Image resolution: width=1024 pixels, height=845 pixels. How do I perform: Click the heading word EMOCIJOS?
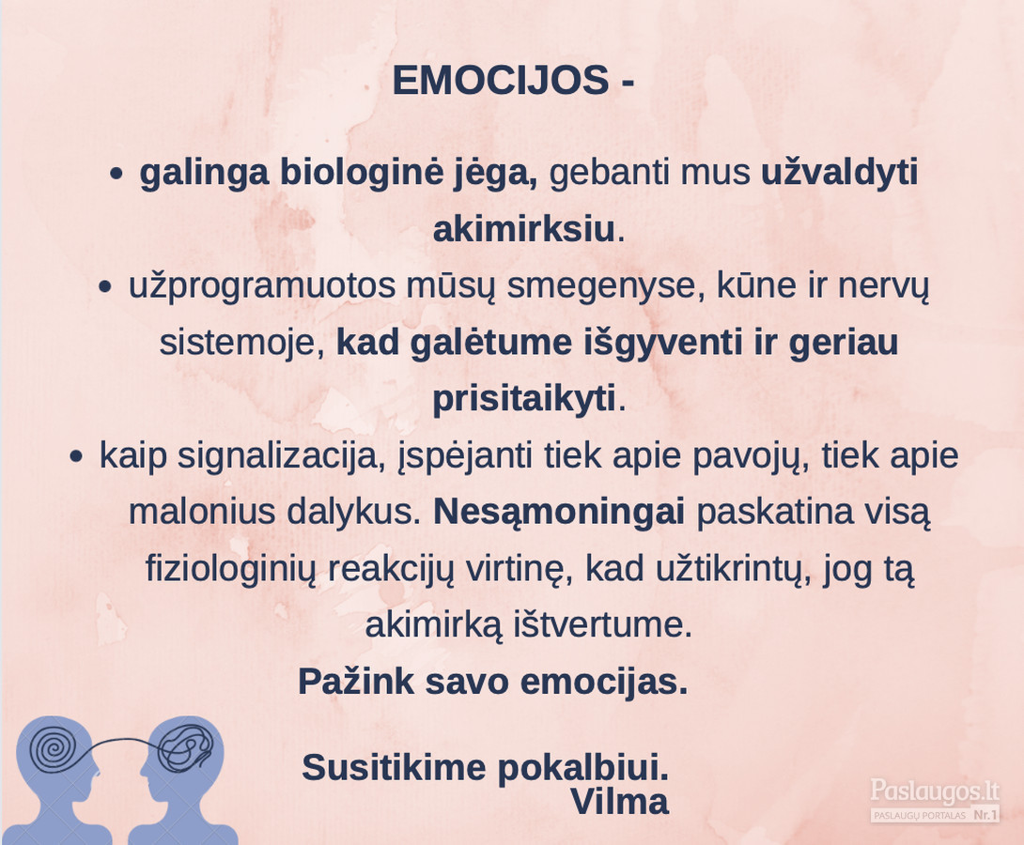click(500, 81)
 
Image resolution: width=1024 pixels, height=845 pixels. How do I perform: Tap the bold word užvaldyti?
click(840, 173)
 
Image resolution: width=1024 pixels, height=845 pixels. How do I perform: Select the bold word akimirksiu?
click(524, 230)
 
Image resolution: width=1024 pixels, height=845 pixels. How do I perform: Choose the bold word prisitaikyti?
click(524, 399)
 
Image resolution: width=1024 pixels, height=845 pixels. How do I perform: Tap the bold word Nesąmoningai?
click(559, 513)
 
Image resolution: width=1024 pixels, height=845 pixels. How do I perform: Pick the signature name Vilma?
click(620, 802)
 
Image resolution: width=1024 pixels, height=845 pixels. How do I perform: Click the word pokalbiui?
click(583, 768)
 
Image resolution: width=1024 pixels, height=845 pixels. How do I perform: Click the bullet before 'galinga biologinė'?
click(116, 175)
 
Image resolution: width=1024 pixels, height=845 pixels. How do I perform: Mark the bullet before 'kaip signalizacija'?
click(76, 456)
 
